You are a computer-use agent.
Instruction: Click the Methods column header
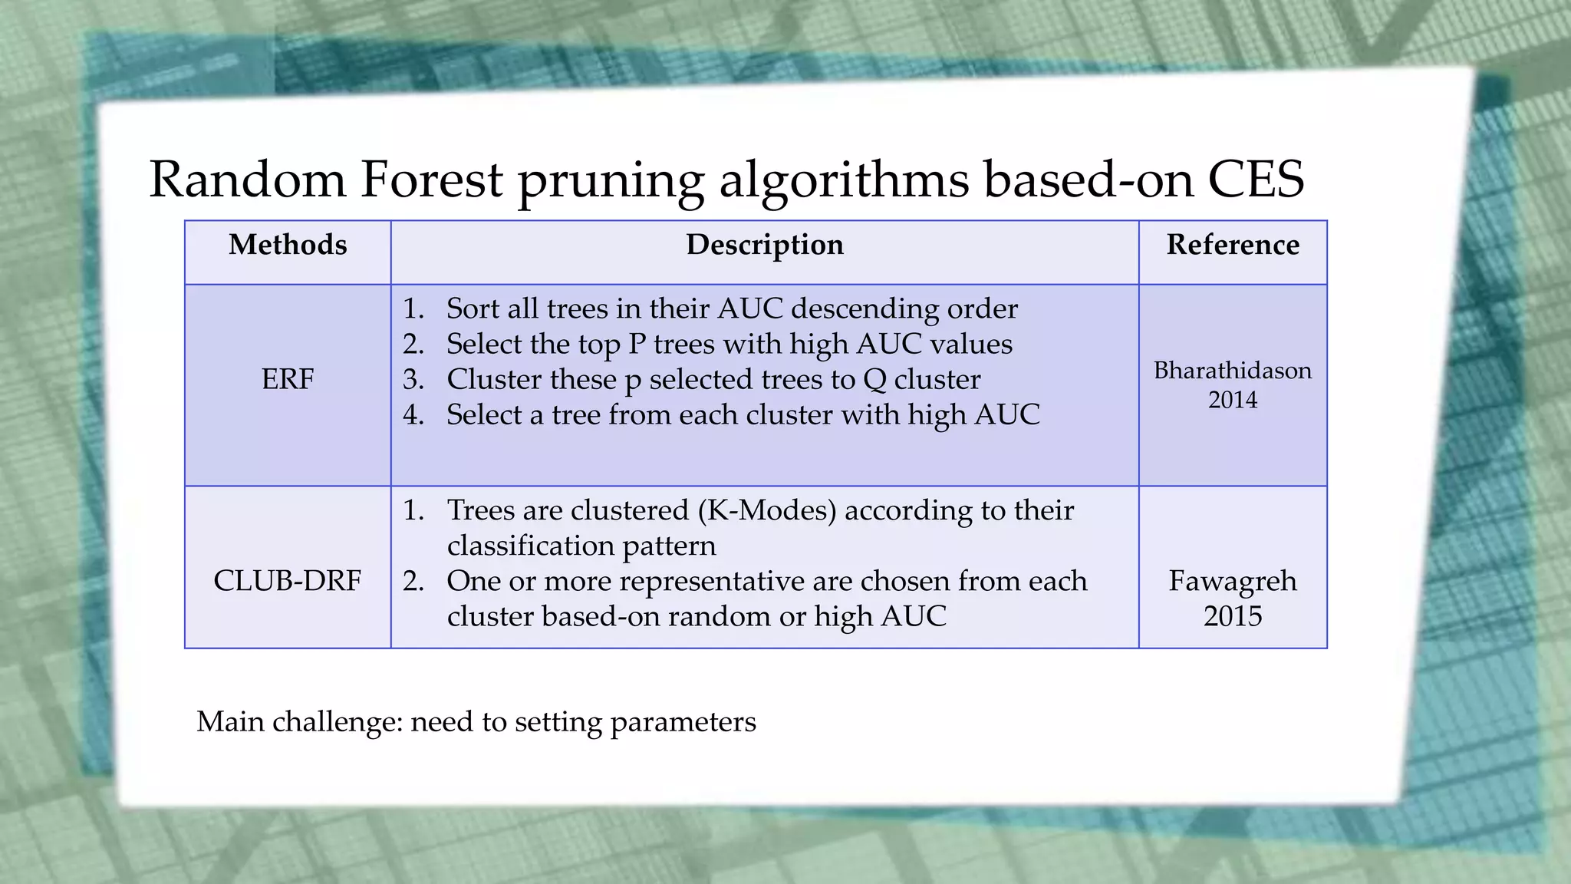(x=288, y=245)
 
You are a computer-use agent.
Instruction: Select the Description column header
(x=764, y=245)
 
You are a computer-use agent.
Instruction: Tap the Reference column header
(x=1233, y=245)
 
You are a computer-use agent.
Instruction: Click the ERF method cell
(x=288, y=379)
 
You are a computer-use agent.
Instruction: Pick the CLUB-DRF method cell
(x=288, y=581)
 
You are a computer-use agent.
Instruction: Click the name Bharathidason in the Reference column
(x=1233, y=371)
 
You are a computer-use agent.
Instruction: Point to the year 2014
(x=1233, y=400)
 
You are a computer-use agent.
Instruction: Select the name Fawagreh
(x=1233, y=581)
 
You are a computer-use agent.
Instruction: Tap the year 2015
(x=1233, y=616)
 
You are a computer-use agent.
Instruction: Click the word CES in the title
(x=1256, y=180)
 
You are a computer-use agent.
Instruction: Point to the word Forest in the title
(x=431, y=180)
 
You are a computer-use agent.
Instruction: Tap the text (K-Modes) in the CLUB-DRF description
(x=767, y=510)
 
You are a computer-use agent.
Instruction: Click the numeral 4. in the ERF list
(x=413, y=415)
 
